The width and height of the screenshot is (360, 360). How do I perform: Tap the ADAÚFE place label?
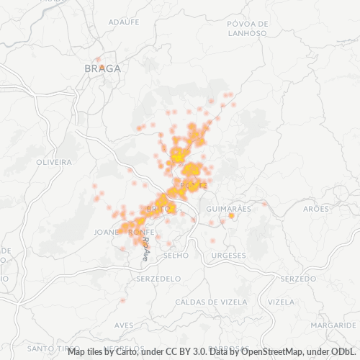(123, 22)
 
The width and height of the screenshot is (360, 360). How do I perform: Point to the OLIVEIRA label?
(54, 162)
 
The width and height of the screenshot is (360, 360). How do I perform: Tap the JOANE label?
(107, 232)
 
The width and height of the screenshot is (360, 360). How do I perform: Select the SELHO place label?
(176, 255)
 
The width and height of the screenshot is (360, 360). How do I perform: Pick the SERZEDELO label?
(158, 278)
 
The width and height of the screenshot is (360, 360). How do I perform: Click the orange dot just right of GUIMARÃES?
(231, 216)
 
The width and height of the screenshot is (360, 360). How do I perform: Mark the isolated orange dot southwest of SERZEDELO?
(123, 300)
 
